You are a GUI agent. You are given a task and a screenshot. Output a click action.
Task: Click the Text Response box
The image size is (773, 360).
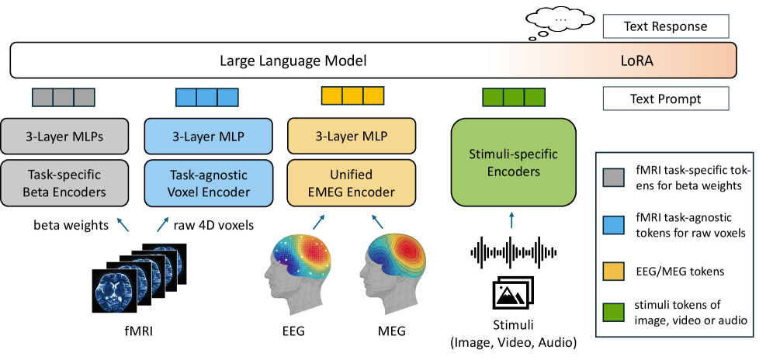666,27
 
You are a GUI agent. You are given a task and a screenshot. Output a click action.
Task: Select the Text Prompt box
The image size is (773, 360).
666,99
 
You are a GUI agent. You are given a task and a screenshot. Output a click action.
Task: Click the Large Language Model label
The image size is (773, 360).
293,60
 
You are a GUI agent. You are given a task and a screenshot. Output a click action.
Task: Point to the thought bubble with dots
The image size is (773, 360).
560,21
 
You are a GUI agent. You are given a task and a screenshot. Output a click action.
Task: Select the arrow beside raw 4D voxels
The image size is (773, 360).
163,225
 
